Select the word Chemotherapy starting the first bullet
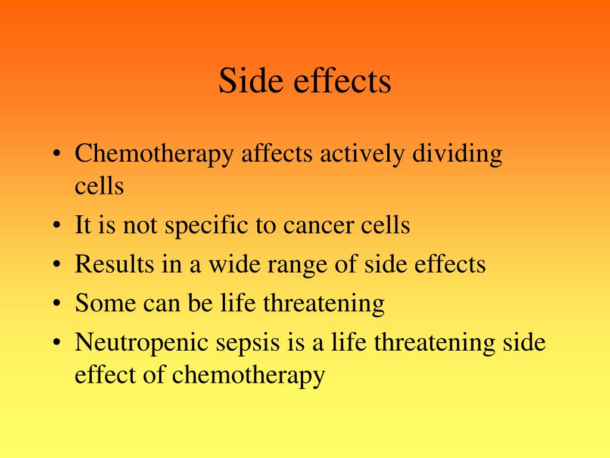[x=154, y=155]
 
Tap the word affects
[x=277, y=154]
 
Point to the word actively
[x=363, y=154]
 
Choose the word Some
[x=105, y=304]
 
